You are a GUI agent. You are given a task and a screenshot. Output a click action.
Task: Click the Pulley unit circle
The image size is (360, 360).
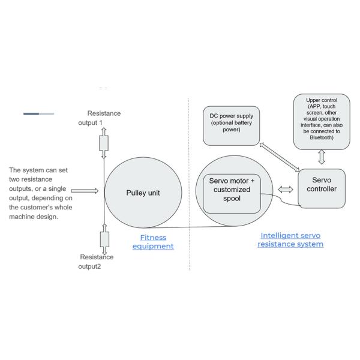tap(142, 193)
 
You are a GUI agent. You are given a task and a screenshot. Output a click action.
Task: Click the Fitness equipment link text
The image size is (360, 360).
tap(152, 242)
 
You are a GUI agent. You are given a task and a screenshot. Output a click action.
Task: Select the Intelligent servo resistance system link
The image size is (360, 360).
tap(290, 240)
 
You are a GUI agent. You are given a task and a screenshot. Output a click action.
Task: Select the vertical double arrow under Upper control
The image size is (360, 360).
tap(322, 157)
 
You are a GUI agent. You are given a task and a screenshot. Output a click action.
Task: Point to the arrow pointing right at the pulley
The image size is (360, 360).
tap(84, 191)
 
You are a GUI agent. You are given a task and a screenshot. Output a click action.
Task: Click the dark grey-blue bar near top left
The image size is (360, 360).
tap(31, 113)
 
